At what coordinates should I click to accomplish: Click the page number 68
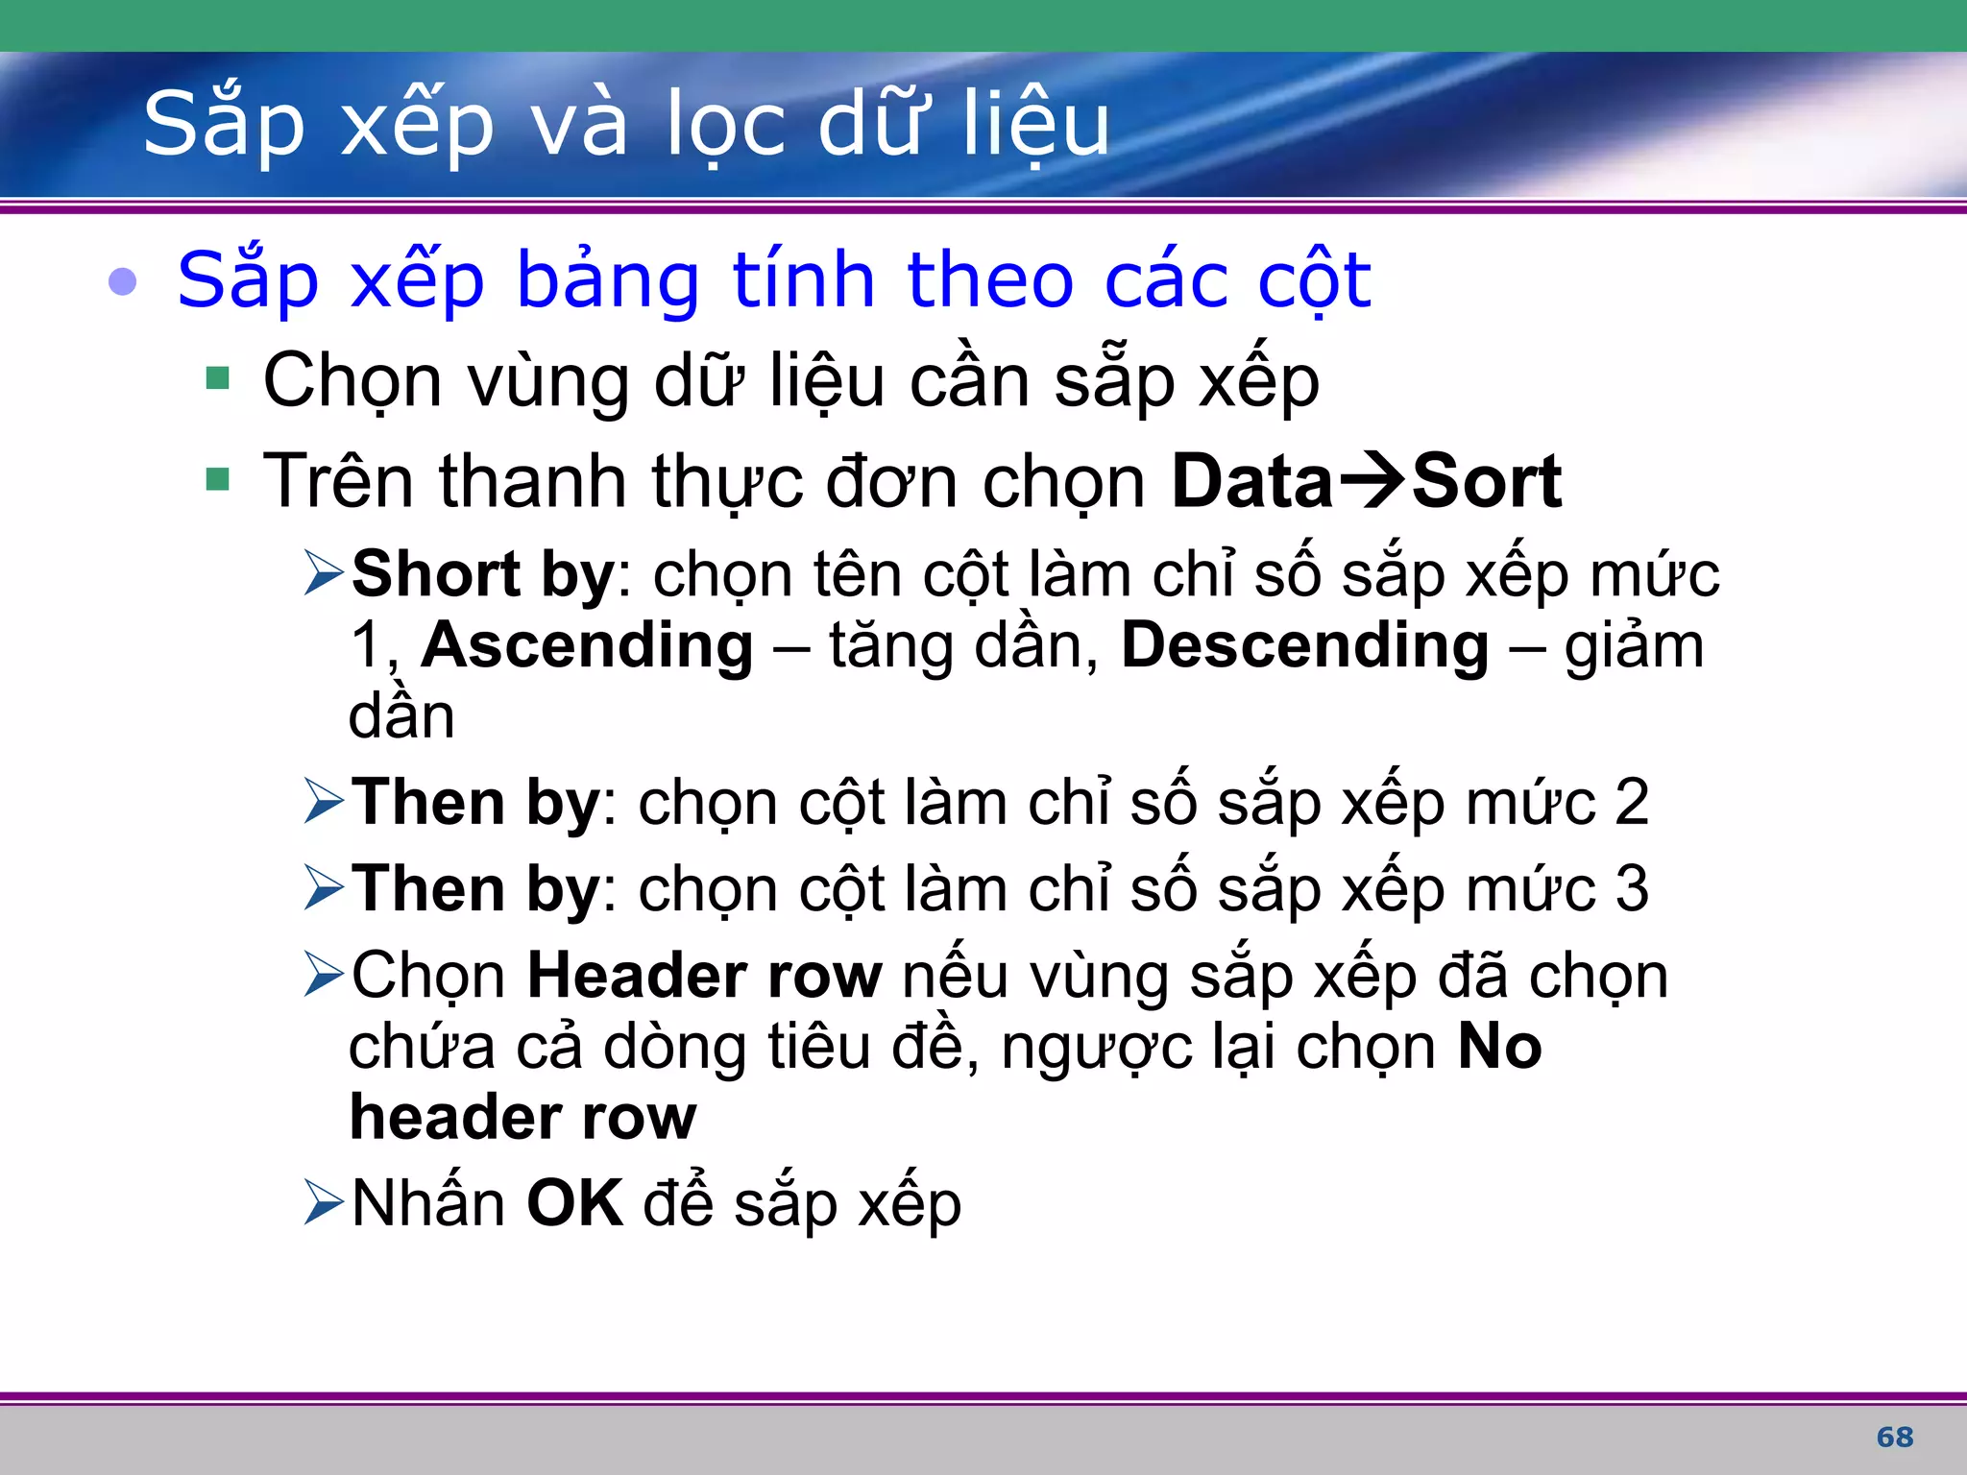1894,1438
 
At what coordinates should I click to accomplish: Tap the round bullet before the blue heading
123,281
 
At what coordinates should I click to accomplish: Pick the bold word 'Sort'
1486,481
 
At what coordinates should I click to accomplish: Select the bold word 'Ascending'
587,645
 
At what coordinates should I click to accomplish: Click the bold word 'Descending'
1304,645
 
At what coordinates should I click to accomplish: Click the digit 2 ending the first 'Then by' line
1631,803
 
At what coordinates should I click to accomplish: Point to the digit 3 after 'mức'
1631,889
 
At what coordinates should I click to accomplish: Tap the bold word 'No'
1499,1047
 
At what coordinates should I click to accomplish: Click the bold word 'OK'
574,1203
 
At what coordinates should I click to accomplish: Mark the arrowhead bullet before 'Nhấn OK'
323,1203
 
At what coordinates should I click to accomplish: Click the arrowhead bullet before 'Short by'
323,573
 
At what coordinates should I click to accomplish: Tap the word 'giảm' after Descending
1634,647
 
